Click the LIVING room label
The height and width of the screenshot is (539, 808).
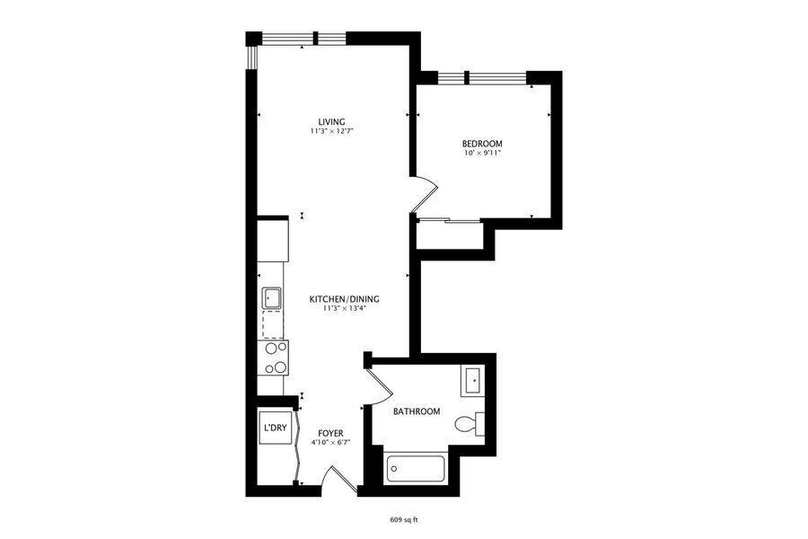click(331, 122)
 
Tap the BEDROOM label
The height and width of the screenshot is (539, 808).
click(482, 144)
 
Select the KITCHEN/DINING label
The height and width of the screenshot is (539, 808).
click(344, 299)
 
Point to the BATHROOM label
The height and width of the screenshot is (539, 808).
click(417, 411)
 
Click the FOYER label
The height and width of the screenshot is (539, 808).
click(330, 433)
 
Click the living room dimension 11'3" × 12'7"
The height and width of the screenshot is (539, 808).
click(331, 131)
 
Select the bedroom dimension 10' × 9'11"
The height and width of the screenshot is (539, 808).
click(482, 154)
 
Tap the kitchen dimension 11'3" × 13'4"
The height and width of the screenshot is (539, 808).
click(344, 308)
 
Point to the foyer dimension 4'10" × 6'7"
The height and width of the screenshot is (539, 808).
click(330, 443)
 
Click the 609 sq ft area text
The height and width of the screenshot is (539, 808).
click(403, 520)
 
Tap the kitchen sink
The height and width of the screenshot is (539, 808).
click(272, 297)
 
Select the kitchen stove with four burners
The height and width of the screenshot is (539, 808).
click(273, 358)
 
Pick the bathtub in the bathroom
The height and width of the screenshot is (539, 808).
click(415, 469)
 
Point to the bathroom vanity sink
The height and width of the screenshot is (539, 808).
click(473, 381)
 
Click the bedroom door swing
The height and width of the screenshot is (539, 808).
click(426, 194)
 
